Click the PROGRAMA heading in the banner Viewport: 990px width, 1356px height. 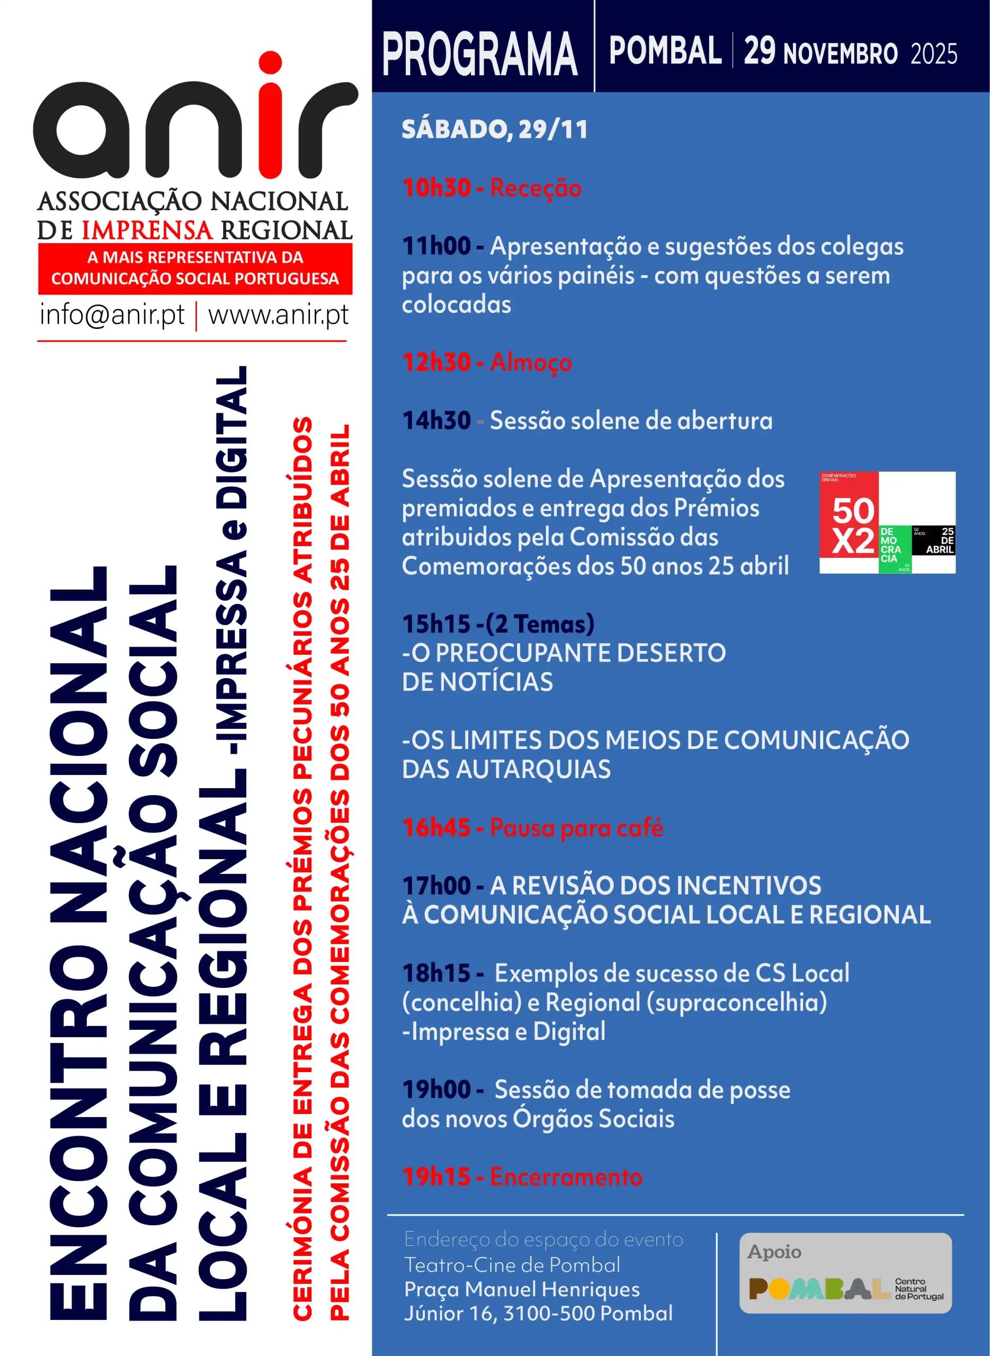click(479, 55)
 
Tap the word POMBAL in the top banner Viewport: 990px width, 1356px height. click(665, 51)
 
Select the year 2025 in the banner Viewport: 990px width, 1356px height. click(934, 54)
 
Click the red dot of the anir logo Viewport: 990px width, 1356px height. click(270, 63)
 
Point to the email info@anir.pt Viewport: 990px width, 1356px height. click(112, 315)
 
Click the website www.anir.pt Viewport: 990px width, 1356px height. click(278, 315)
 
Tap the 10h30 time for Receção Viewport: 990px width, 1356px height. click(436, 188)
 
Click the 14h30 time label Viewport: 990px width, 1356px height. click(436, 421)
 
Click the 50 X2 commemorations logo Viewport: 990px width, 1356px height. click(887, 522)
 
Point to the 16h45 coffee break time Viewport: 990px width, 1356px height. click(436, 827)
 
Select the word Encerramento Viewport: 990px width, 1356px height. click(566, 1177)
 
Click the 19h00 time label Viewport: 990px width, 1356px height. click(436, 1090)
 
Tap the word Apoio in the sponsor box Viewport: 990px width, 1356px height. click(774, 1252)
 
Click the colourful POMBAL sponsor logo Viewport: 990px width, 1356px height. click(818, 1288)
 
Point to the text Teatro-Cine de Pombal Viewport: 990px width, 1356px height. click(512, 1265)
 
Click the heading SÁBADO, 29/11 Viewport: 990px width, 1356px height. click(494, 130)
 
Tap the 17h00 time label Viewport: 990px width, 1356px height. click(436, 886)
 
